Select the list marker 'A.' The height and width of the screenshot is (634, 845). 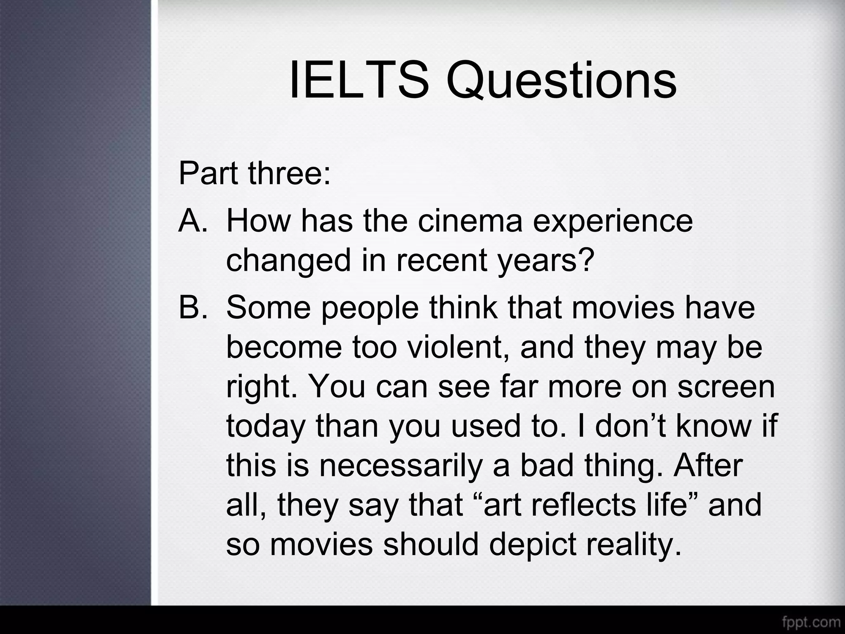tap(193, 220)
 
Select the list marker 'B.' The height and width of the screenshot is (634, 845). tap(193, 308)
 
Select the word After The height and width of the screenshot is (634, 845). tap(708, 465)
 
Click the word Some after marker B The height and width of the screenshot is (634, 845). tap(269, 308)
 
